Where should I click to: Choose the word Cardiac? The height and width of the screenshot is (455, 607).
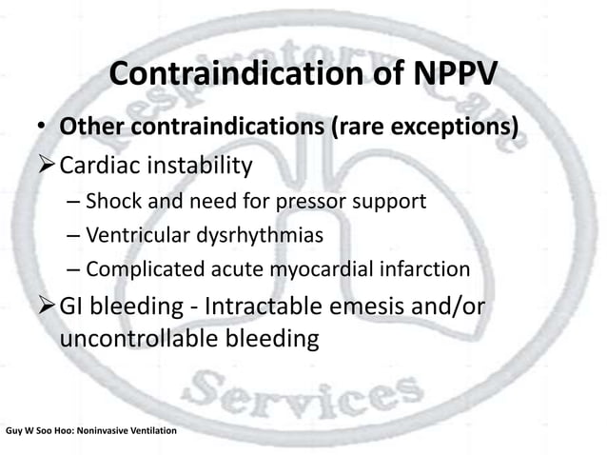pos(105,167)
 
